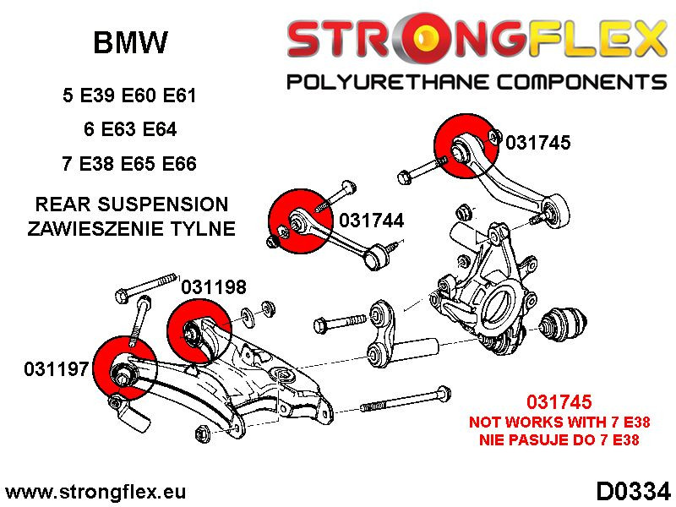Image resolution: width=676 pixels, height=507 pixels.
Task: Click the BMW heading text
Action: [129, 42]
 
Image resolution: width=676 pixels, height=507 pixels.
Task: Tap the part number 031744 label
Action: [371, 221]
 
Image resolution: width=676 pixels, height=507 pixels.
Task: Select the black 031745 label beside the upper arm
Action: [537, 143]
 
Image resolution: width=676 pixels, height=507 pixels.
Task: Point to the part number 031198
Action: [214, 287]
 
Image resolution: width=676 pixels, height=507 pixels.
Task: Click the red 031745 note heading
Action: [559, 403]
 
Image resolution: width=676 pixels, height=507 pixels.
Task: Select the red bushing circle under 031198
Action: [199, 330]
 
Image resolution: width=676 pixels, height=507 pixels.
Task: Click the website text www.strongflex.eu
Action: [95, 491]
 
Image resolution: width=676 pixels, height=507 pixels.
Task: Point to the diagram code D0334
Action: [633, 490]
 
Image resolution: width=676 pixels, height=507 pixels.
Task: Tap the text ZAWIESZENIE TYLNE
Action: [131, 228]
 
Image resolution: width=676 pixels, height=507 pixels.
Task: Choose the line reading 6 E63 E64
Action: [130, 129]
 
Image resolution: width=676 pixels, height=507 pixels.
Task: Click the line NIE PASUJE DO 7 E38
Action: [559, 439]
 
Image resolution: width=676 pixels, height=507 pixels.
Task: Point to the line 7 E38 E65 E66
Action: [130, 163]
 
